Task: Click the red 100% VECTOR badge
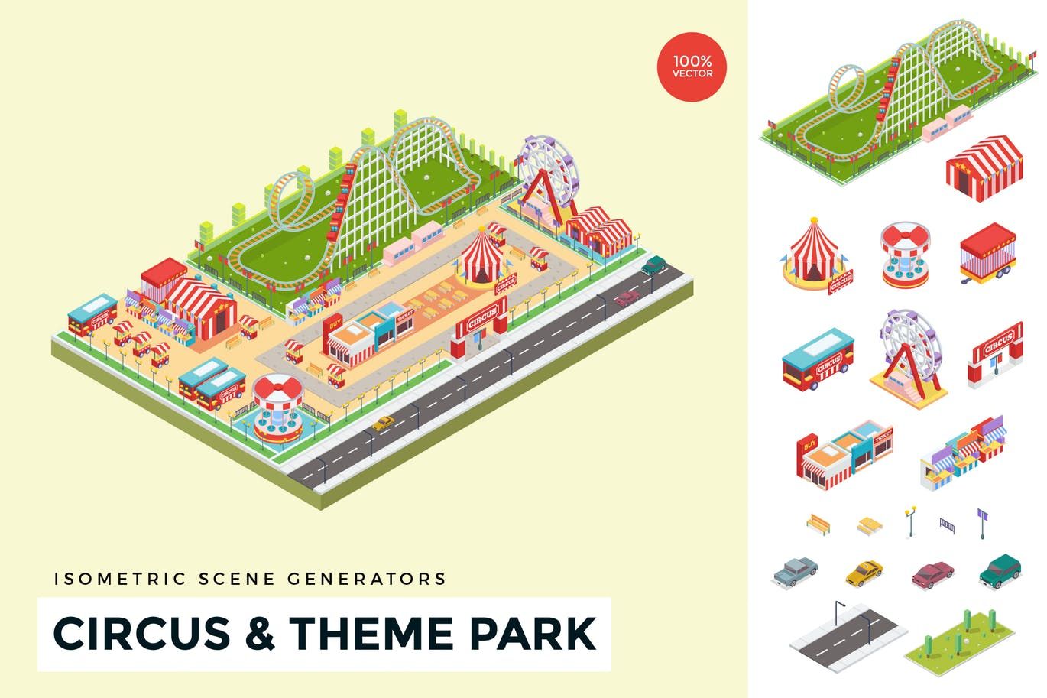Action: (692, 67)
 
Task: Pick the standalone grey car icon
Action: (795, 571)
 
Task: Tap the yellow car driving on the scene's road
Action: (382, 422)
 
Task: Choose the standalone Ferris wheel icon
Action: (906, 349)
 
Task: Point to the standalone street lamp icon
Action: (909, 520)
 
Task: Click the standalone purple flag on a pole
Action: (982, 521)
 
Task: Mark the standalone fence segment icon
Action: (947, 525)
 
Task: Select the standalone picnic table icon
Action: (870, 524)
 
